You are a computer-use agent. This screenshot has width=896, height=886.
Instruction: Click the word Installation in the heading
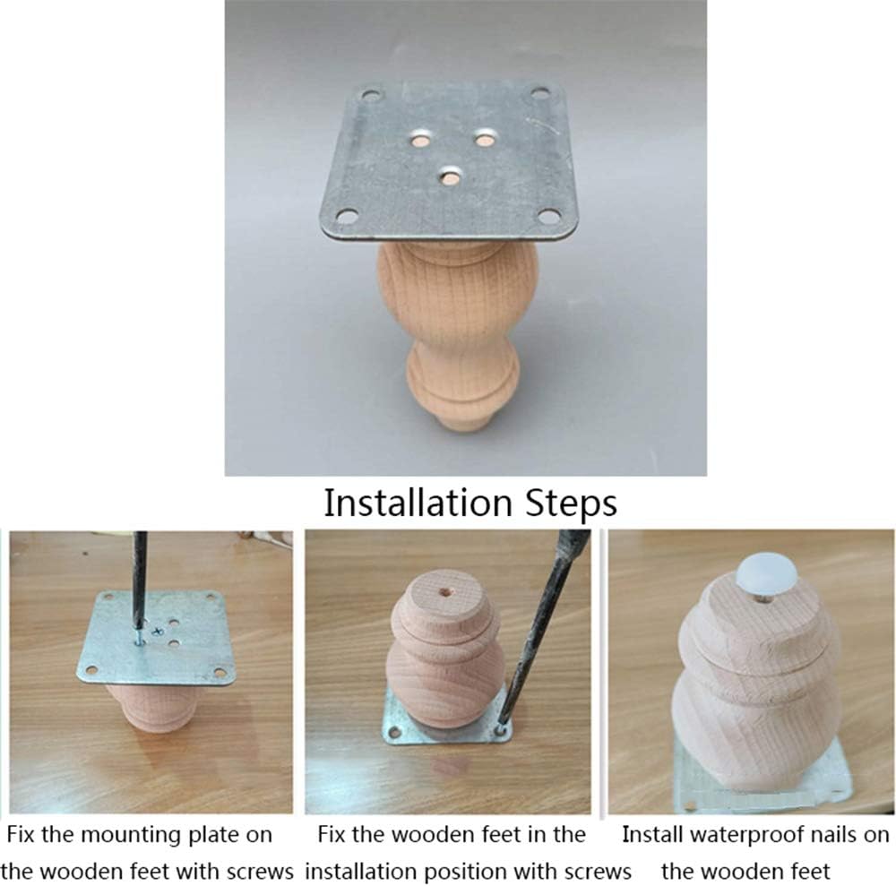418,503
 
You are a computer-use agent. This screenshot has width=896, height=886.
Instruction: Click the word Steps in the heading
571,503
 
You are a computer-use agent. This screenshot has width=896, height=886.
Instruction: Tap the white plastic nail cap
766,575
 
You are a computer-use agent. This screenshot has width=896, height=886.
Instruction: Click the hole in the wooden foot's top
445,592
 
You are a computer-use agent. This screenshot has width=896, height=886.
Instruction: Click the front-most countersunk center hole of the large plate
451,176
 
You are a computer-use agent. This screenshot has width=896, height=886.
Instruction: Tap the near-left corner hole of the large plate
346,216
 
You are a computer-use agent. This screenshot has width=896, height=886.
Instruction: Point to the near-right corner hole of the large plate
549,217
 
